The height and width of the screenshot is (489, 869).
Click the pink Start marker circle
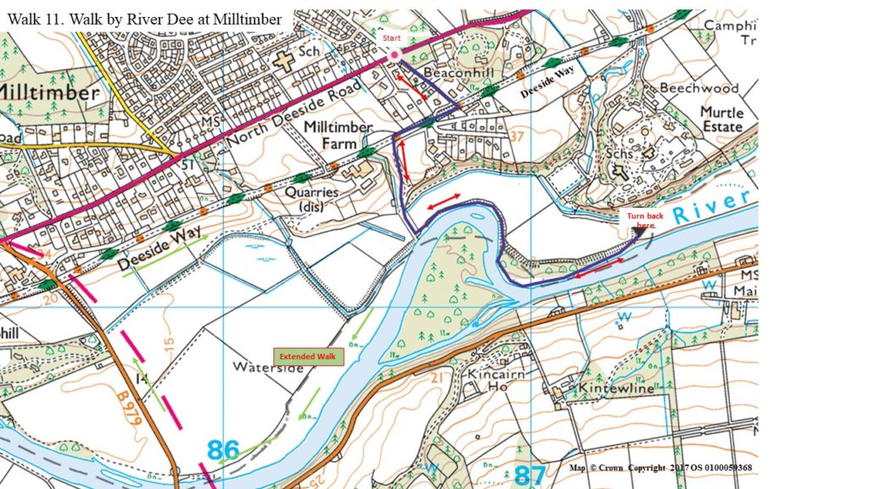(395, 55)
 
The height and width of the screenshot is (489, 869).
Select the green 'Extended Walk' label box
(309, 357)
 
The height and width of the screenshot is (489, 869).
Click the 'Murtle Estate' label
(721, 120)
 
